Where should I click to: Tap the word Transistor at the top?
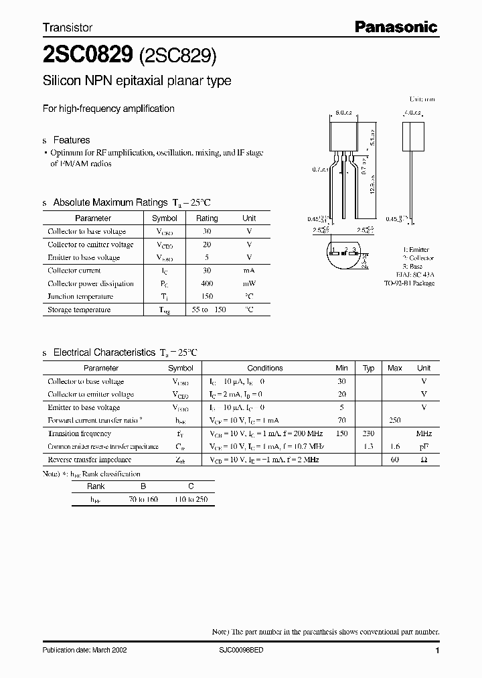[68, 27]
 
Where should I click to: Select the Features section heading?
[71, 140]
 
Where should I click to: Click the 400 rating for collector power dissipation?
[207, 283]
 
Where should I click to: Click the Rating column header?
[207, 218]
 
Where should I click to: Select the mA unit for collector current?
[249, 271]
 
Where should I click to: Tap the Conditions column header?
[265, 368]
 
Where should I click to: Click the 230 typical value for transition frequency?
[368, 433]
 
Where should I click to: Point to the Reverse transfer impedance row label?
[89, 460]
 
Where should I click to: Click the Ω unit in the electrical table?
[424, 460]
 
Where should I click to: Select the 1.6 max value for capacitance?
[395, 446]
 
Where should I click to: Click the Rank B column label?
[143, 487]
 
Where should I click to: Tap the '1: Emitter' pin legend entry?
[416, 249]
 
